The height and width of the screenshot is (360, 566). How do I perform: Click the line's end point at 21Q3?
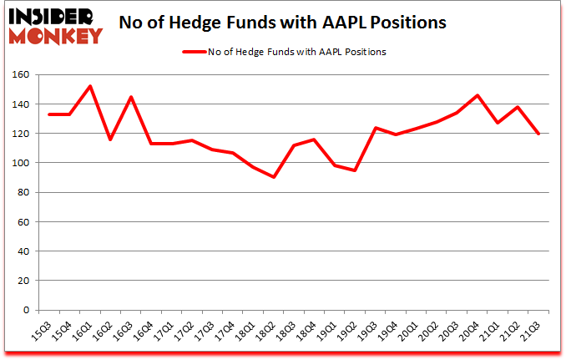coord(539,134)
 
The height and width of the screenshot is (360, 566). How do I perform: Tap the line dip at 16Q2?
coord(111,139)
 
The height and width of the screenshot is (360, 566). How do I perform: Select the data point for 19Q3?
coord(376,128)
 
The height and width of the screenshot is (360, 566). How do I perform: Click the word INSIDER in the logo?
coord(53,16)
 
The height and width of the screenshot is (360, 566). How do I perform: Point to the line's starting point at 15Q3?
coord(50,114)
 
